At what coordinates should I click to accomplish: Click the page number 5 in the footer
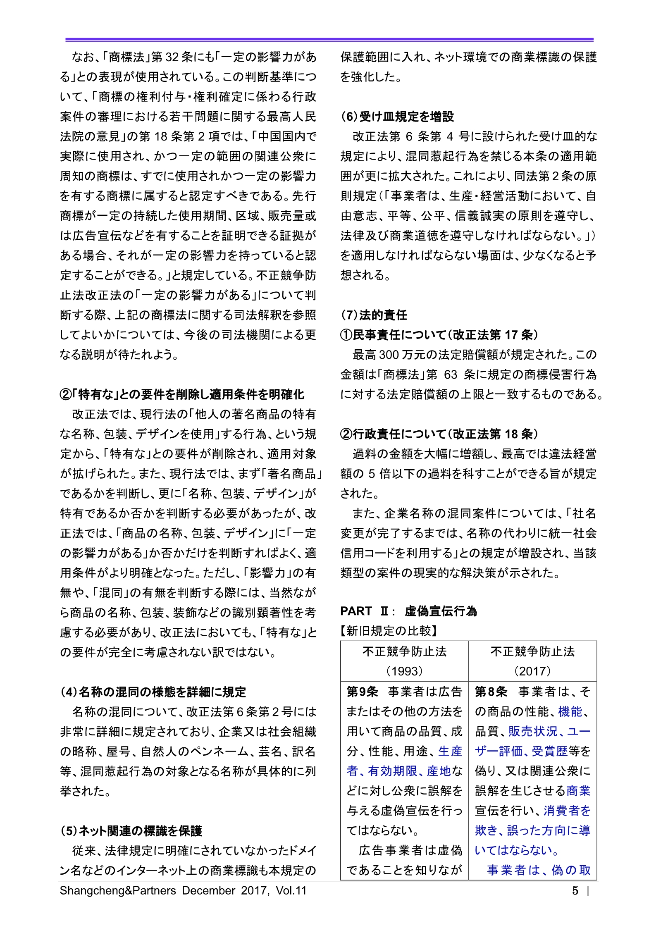pyautogui.click(x=575, y=890)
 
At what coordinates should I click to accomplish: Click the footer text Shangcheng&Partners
pyautogui.click(x=118, y=890)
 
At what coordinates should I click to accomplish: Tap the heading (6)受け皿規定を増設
pyautogui.click(x=397, y=117)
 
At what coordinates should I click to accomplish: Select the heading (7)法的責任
pyautogui.click(x=374, y=315)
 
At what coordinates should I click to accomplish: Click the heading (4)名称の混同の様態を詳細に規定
pyautogui.click(x=153, y=692)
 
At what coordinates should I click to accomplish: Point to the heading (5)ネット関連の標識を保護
pyautogui.click(x=131, y=831)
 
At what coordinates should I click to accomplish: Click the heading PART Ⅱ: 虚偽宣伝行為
pyautogui.click(x=408, y=611)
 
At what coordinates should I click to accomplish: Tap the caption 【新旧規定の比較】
pyautogui.click(x=389, y=631)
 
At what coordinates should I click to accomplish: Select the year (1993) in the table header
pyautogui.click(x=404, y=671)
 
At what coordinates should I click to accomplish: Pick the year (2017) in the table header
pyautogui.click(x=532, y=671)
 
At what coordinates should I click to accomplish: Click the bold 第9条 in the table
pyautogui.click(x=362, y=692)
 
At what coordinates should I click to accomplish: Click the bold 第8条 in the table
pyautogui.click(x=491, y=692)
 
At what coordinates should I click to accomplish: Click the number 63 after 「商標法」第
pyautogui.click(x=450, y=375)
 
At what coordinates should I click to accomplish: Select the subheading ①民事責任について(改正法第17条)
pyautogui.click(x=439, y=335)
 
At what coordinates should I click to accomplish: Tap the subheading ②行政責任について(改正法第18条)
pyautogui.click(x=439, y=434)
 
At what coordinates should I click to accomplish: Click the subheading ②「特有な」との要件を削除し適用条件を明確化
pyautogui.click(x=182, y=394)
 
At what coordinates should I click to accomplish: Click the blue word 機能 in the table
pyautogui.click(x=570, y=711)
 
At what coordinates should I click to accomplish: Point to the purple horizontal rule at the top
pyautogui.click(x=329, y=40)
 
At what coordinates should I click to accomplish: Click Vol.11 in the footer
pyautogui.click(x=291, y=890)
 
